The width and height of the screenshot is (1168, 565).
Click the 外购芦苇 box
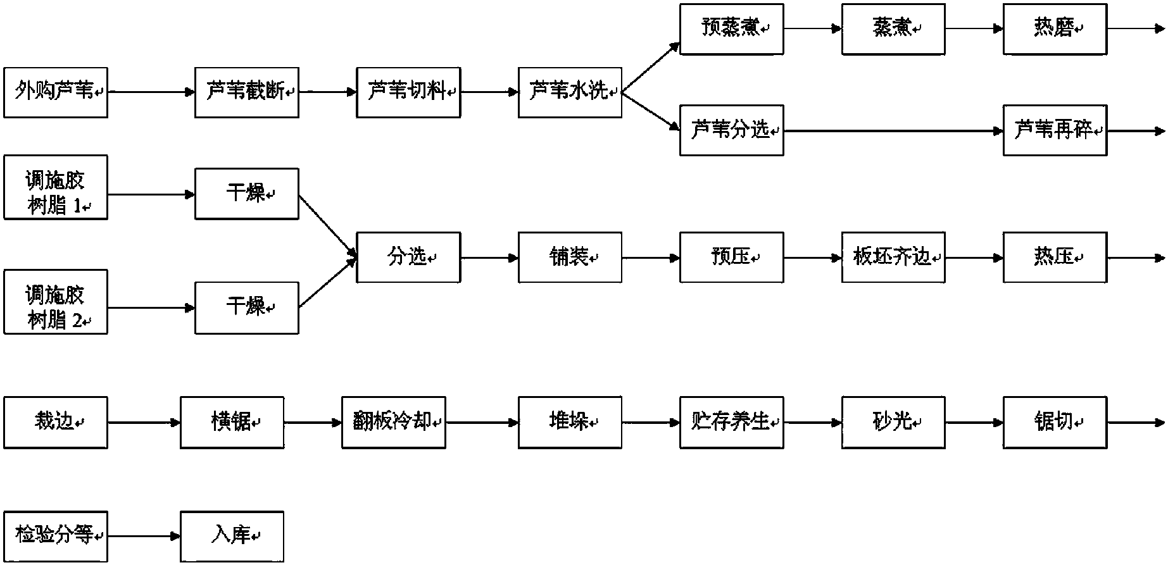click(56, 92)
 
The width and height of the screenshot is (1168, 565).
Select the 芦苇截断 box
click(247, 92)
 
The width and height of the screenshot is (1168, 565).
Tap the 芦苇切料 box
click(408, 92)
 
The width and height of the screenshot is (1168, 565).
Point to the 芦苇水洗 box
click(570, 92)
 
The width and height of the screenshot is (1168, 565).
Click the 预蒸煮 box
click(732, 29)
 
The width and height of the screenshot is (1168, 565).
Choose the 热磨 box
click(1055, 29)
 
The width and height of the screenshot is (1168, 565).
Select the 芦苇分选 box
click(732, 130)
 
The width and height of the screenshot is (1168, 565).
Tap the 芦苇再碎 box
click(1055, 130)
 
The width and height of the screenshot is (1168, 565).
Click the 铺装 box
click(570, 258)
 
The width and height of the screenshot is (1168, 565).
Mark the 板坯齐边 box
click(893, 258)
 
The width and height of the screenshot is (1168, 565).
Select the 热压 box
click(1055, 258)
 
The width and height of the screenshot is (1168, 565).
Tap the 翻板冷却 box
click(394, 423)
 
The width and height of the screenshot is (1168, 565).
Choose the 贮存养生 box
click(732, 423)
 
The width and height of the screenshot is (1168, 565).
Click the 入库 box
click(232, 537)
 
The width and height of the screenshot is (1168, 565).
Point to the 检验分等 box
click(56, 537)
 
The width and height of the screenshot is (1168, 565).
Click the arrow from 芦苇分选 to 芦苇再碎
click(894, 131)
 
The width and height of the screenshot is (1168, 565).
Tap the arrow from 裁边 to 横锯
click(144, 423)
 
